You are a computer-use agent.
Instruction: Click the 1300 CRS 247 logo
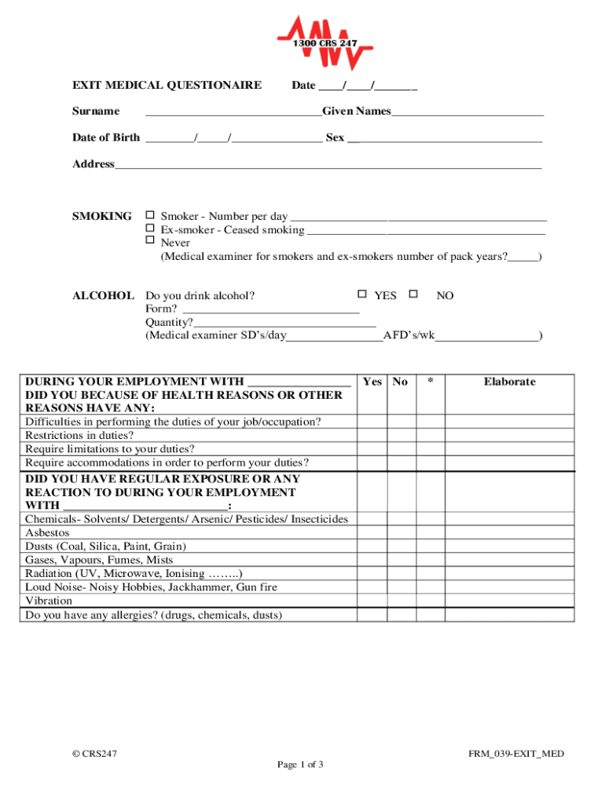point(324,43)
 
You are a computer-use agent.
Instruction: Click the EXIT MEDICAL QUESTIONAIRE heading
point(167,85)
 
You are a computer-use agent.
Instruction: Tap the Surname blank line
point(233,112)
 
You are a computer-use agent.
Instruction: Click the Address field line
point(328,165)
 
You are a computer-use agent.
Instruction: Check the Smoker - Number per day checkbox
point(150,215)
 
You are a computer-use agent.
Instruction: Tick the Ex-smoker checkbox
point(150,228)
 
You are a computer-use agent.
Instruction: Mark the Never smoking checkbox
point(150,241)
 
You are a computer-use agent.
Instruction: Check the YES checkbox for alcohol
point(362,294)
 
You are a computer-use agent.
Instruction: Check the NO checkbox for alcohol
point(412,294)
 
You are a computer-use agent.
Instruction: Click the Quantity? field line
point(284,323)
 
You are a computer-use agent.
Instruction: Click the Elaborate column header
point(509,382)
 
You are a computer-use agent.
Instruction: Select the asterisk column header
point(430,382)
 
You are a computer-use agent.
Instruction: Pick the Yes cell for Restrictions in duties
point(372,435)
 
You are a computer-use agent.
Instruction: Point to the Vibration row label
point(49,601)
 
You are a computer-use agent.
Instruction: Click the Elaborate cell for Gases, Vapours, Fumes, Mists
point(509,560)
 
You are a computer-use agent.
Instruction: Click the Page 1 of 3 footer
point(301,765)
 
